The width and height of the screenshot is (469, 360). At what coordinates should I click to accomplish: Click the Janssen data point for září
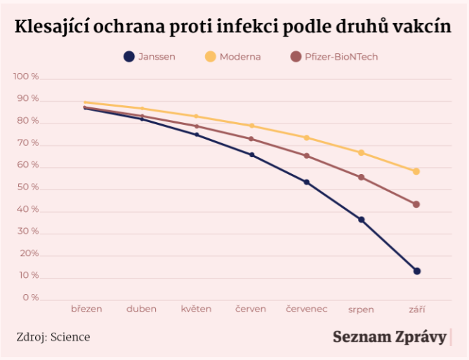[416, 271]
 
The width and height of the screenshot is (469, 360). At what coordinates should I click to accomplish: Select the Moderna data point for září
[416, 171]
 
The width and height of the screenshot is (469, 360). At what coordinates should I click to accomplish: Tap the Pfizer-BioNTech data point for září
[416, 204]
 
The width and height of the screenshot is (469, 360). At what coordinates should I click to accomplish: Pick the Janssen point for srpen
[362, 220]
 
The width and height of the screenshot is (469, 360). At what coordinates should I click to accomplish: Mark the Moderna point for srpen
[362, 152]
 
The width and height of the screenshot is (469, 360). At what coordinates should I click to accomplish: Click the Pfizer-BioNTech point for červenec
[306, 156]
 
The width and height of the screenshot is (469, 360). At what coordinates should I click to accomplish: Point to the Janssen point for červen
[251, 154]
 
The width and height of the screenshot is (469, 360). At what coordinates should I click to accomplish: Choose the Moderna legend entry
[232, 57]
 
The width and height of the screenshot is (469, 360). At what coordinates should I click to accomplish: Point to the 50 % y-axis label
[28, 187]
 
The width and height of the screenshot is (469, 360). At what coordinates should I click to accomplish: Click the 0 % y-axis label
[30, 298]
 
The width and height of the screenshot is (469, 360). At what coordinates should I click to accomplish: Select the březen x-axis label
[86, 309]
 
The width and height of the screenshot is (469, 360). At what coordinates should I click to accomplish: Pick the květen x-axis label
[196, 309]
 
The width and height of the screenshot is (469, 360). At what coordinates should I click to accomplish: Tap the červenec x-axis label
[306, 309]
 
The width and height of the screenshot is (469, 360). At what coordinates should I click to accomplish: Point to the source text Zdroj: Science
[53, 337]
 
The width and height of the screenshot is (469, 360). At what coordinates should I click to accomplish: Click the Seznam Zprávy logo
[389, 337]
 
